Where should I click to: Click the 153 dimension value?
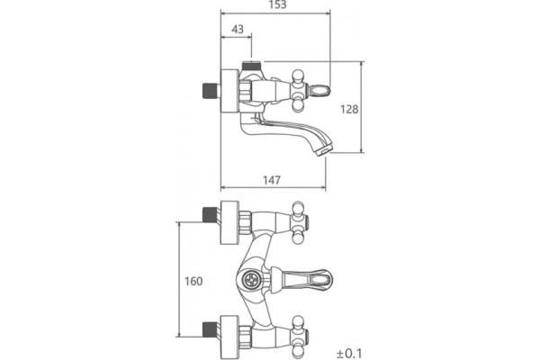277,4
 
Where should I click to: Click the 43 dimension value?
238,29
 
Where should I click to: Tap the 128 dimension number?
349,109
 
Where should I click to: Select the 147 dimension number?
272,180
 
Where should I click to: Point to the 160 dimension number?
193,281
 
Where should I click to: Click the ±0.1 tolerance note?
349,354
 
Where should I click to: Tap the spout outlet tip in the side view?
324,151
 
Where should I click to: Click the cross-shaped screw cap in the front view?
251,279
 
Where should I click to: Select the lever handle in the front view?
302,279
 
